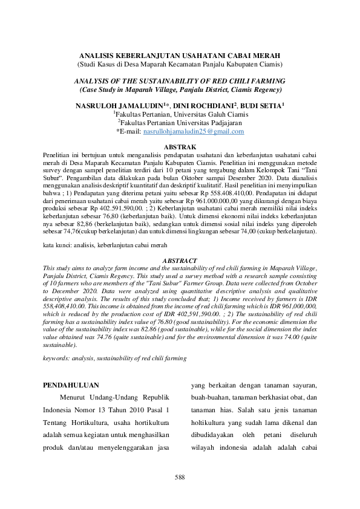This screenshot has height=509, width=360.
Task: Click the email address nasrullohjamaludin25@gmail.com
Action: (x=194, y=131)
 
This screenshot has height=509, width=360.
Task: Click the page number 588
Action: (x=180, y=477)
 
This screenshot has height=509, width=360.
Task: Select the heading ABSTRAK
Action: (x=180, y=147)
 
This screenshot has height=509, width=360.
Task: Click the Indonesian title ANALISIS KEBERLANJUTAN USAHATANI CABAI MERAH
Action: (x=180, y=55)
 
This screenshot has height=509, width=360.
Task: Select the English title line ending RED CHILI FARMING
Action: (x=180, y=80)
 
